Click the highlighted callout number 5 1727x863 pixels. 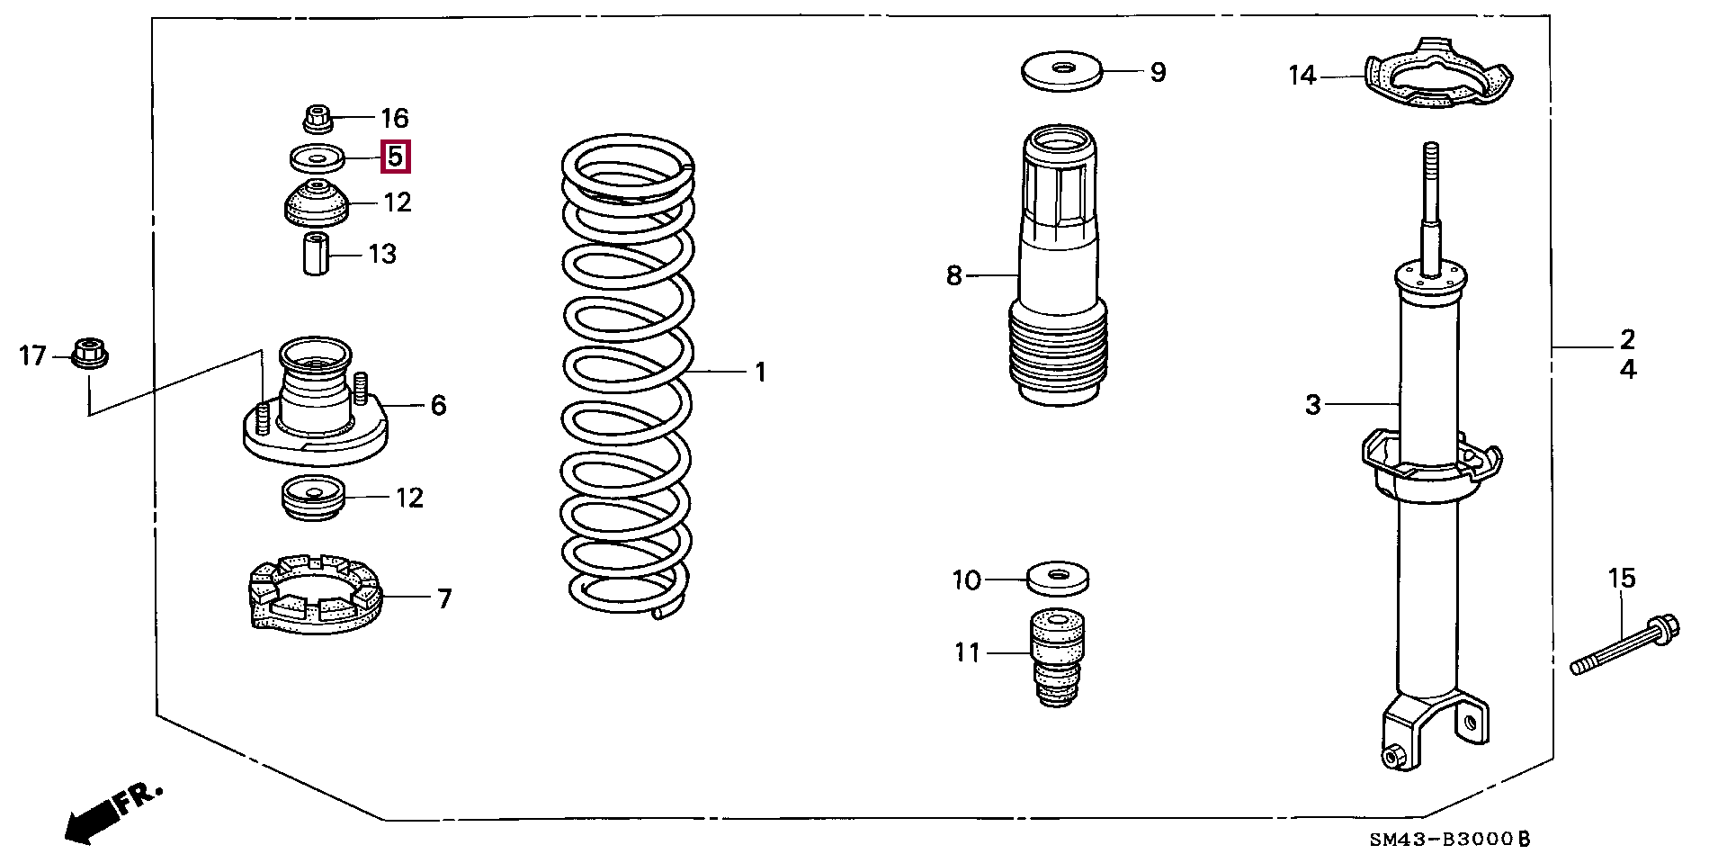(x=395, y=157)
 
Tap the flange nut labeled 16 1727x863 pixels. (x=317, y=118)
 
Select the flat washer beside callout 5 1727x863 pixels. (x=317, y=158)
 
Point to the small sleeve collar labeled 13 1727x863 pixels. (x=315, y=254)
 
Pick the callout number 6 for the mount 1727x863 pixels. (x=438, y=405)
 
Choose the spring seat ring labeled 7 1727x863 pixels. (x=315, y=593)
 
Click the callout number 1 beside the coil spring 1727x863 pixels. (x=760, y=372)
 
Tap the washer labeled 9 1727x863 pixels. (x=1062, y=70)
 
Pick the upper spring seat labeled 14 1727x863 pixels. (x=1437, y=76)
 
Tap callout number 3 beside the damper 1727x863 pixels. (x=1313, y=405)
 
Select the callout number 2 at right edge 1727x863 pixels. (x=1627, y=339)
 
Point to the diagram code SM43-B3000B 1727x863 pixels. (x=1449, y=839)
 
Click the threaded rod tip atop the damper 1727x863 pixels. (x=1430, y=153)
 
